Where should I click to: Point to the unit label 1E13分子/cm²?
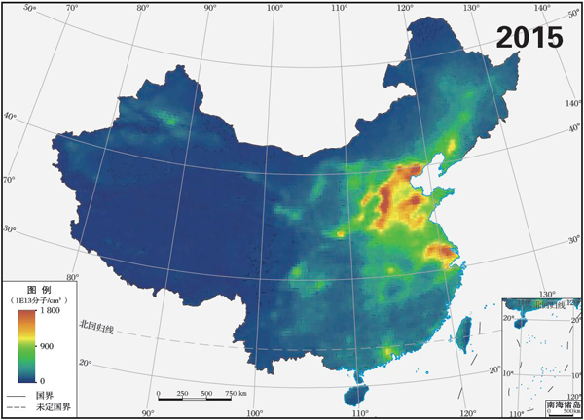coord(40,301)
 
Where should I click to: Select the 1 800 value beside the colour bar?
coord(50,312)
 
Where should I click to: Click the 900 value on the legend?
coord(48,346)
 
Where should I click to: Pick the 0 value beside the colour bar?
coord(41,379)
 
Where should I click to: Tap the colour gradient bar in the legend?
coord(23,345)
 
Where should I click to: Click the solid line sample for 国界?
coord(14,396)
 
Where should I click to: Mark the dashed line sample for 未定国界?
coord(14,408)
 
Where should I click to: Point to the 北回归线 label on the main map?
coord(96,327)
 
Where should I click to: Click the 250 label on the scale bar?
coord(182,393)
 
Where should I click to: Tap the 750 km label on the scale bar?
coord(236,393)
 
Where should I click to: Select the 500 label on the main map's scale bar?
coord(206,393)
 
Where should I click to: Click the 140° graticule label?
coord(571,102)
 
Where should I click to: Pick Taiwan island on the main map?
coord(464,328)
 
